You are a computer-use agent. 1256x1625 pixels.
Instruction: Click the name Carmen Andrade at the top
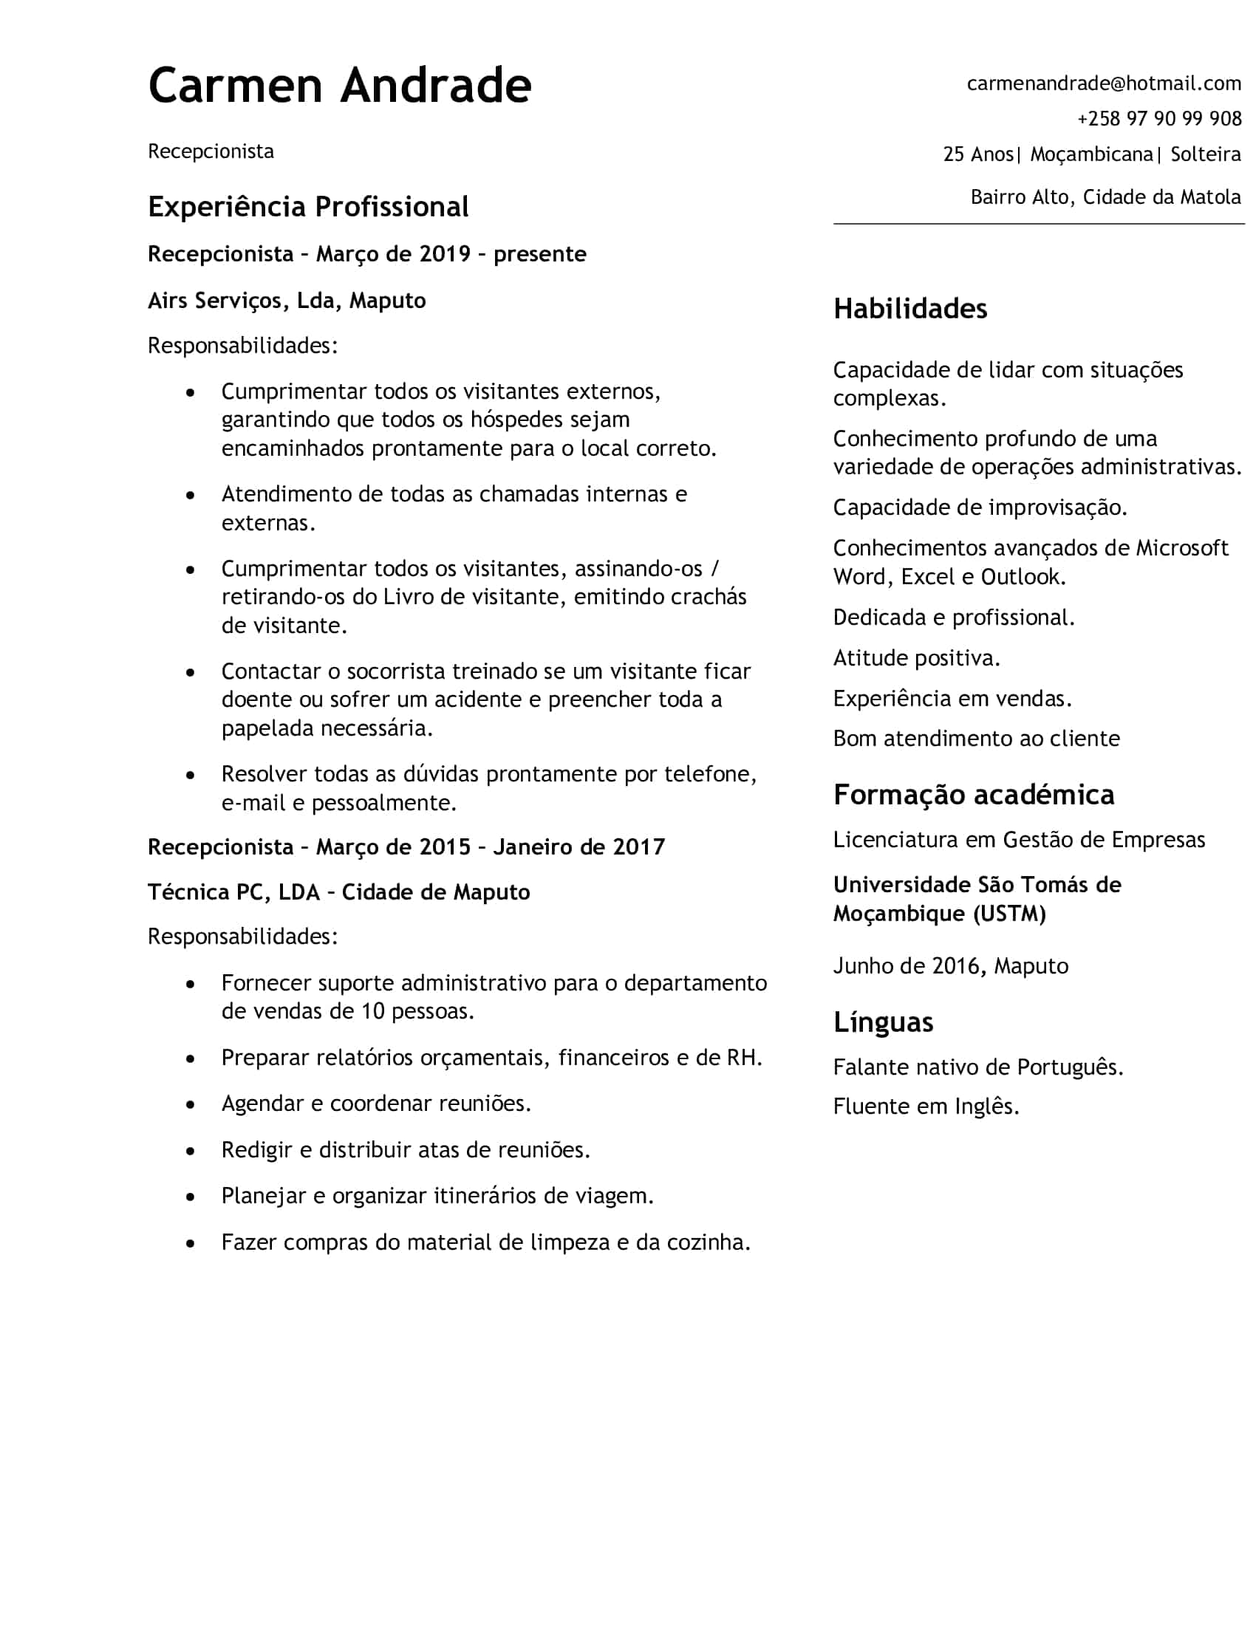(339, 86)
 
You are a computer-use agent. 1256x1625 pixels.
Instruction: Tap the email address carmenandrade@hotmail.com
(1104, 83)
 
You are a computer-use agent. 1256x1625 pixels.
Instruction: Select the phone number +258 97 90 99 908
(1159, 118)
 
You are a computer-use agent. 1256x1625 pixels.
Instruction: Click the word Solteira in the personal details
(1206, 154)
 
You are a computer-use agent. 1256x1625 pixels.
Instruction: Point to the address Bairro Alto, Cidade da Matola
(1105, 197)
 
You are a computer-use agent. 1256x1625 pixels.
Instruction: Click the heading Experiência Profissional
(308, 207)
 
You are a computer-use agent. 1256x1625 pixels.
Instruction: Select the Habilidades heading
(909, 309)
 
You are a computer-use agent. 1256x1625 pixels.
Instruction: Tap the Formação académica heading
(973, 795)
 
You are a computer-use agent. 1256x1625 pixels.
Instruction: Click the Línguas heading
(882, 1022)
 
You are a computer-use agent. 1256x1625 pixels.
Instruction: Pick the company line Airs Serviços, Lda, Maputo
(287, 301)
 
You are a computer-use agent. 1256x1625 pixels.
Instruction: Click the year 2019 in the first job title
(445, 255)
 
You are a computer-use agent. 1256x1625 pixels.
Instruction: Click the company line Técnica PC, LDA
(233, 892)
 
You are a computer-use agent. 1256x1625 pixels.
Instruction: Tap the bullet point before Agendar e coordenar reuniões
(191, 1104)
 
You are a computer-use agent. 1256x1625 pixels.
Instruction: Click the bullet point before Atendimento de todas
(191, 495)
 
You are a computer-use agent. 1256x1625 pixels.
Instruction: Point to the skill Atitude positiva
(916, 657)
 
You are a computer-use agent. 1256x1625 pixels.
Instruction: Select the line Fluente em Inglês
(926, 1106)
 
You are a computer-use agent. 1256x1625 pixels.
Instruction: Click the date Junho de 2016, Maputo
(950, 966)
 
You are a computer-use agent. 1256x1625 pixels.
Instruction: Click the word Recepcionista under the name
(211, 151)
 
